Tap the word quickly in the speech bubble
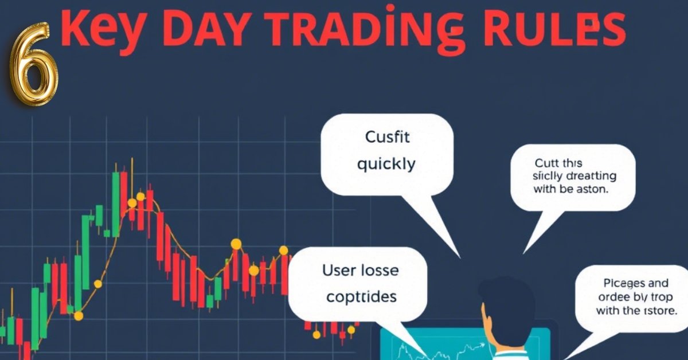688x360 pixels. coord(386,164)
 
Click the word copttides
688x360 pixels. coord(361,296)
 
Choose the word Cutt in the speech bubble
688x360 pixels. coord(548,163)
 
